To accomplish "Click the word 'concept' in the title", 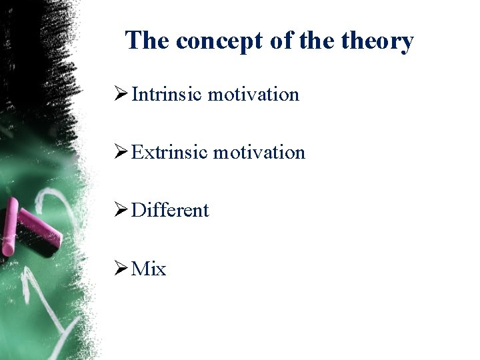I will (220, 41).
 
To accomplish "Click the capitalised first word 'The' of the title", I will (147, 41).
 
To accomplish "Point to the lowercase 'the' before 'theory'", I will (317, 41).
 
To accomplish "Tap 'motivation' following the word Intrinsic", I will (253, 95).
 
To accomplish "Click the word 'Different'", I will (170, 211).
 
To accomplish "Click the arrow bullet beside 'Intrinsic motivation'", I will (121, 95).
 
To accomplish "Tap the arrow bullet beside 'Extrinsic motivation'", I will (121, 153).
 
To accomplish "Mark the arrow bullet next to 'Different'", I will (121, 211).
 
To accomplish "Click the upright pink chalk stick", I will (10, 227).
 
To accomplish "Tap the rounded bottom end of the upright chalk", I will (8, 251).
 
